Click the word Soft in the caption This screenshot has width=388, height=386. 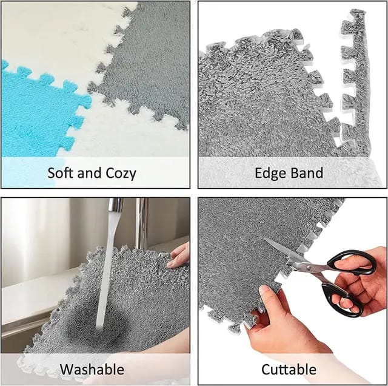pos(62,173)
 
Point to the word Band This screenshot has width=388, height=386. pos(307,173)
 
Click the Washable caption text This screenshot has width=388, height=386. pos(92,369)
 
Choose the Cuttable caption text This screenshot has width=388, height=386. pos(289,369)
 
